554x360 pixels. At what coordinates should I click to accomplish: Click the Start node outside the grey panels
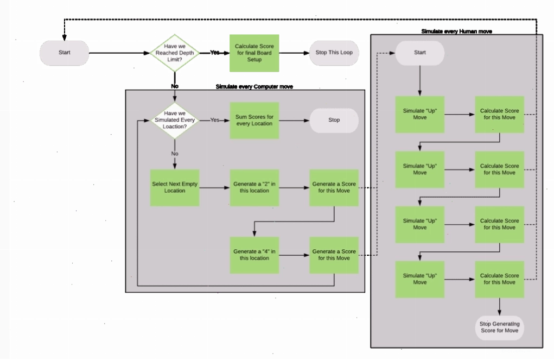(x=65, y=53)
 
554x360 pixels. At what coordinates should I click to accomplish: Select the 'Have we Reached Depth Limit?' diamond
(x=175, y=53)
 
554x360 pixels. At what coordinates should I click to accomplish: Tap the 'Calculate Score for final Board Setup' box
(x=254, y=53)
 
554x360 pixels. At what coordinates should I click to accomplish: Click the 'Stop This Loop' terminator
(x=334, y=53)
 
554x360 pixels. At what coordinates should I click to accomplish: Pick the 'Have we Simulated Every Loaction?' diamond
(x=175, y=120)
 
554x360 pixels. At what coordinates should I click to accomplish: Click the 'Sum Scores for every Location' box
(x=254, y=120)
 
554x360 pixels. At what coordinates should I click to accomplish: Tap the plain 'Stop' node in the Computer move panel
(x=334, y=120)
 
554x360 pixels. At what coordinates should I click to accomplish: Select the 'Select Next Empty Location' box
(x=175, y=187)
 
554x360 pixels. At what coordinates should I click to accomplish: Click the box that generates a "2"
(x=254, y=187)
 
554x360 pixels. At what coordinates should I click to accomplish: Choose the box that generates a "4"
(x=254, y=255)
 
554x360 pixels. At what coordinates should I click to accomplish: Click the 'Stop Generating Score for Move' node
(x=500, y=327)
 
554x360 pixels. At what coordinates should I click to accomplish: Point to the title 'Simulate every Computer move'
(x=254, y=87)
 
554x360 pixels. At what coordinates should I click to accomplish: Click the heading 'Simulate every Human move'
(x=456, y=31)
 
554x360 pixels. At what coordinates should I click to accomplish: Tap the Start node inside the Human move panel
(x=420, y=53)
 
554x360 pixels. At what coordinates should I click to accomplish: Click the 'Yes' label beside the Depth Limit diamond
(x=214, y=52)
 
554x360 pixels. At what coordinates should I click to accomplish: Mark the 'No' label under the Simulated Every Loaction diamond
(x=175, y=154)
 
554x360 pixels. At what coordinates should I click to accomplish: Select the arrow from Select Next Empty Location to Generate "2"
(x=214, y=187)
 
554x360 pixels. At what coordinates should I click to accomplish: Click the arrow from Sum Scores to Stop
(x=294, y=120)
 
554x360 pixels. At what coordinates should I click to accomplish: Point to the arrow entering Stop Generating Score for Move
(x=500, y=307)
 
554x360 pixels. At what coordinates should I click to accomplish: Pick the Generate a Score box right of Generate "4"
(x=334, y=255)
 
